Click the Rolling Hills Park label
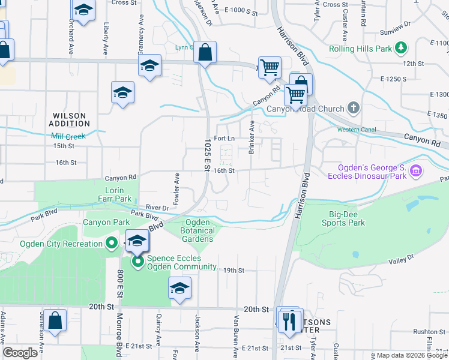(x=360, y=49)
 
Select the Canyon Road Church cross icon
(x=354, y=109)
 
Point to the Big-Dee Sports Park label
(x=347, y=218)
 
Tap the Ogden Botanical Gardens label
(x=197, y=230)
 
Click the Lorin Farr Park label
(x=114, y=194)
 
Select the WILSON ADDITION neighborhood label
(x=70, y=119)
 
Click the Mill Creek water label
(x=68, y=136)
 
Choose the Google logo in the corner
(x=20, y=353)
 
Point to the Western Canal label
(x=357, y=130)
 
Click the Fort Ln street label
(x=223, y=138)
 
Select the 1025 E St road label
(x=207, y=154)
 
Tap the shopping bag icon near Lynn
(x=205, y=53)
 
